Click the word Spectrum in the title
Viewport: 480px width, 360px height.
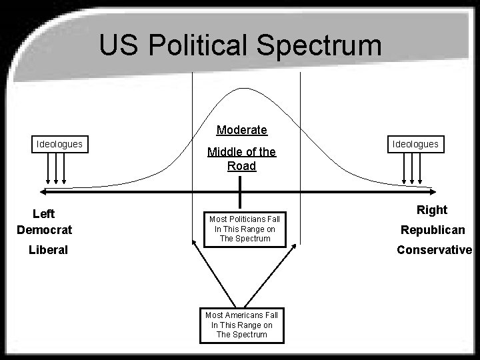tap(319, 45)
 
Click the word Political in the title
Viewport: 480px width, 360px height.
tap(197, 45)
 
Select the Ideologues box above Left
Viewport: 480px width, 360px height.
tap(60, 144)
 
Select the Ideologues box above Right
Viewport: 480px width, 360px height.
tap(416, 144)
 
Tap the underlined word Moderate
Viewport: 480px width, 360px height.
tap(242, 130)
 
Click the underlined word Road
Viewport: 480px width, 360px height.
tap(242, 166)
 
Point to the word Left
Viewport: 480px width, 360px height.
tap(44, 214)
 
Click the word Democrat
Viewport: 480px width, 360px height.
tap(45, 230)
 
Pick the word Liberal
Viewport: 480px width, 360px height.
tap(48, 250)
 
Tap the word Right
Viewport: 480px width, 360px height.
tap(432, 210)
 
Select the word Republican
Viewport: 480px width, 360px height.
tap(433, 230)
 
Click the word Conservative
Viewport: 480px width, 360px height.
tap(435, 250)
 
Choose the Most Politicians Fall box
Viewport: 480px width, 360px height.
tap(245, 229)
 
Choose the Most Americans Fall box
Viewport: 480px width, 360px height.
tap(242, 325)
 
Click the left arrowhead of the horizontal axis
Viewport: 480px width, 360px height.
tap(43, 192)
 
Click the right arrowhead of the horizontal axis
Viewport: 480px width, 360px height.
tap(433, 192)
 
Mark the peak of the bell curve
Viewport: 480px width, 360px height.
tap(244, 88)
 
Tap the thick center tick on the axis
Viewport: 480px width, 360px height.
tap(240, 192)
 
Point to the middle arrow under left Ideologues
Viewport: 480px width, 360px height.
tap(56, 169)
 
